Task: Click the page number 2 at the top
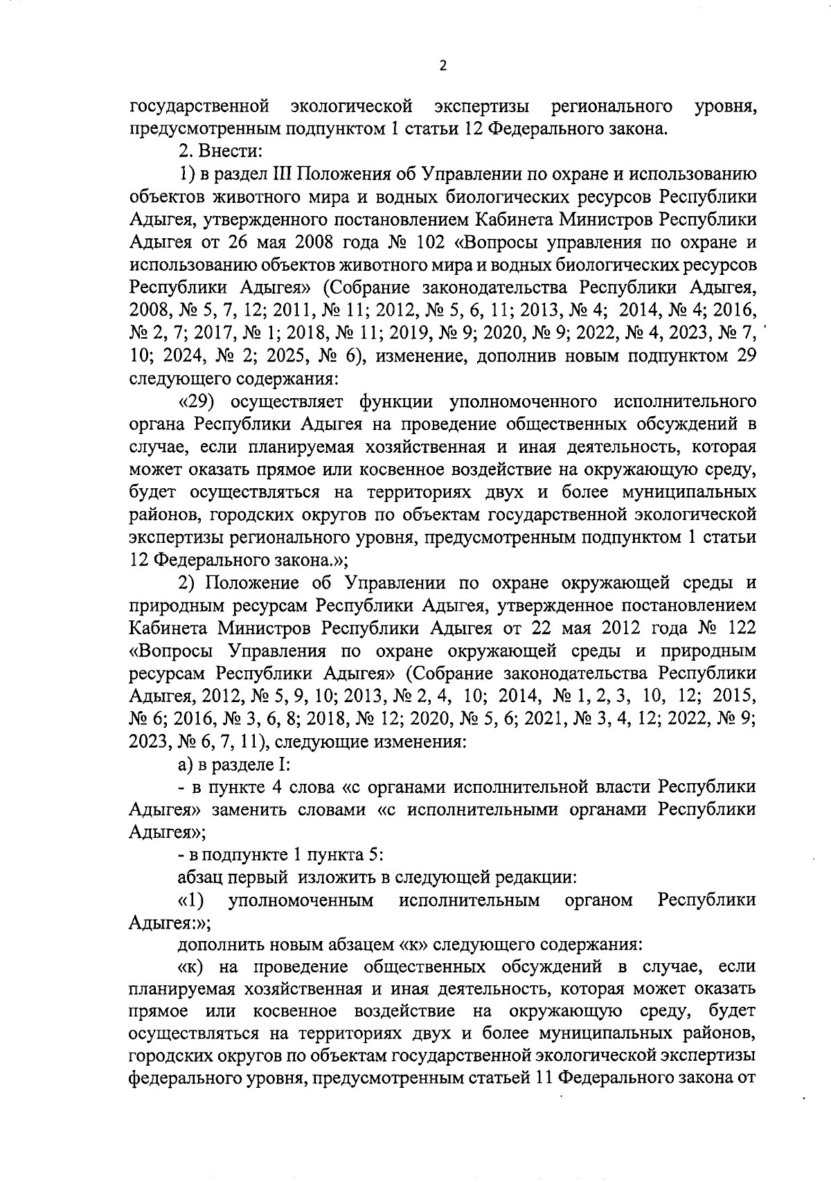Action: (x=443, y=66)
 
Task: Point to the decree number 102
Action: (x=434, y=242)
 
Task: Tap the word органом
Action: (x=598, y=900)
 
